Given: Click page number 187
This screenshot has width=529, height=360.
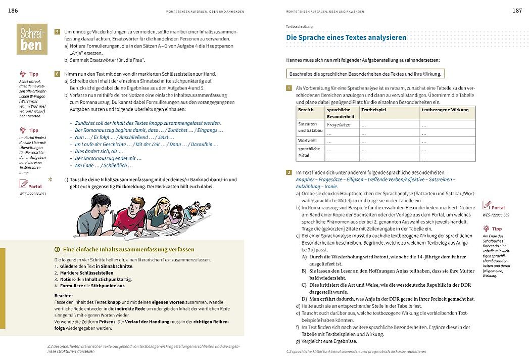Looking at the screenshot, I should pos(517,10).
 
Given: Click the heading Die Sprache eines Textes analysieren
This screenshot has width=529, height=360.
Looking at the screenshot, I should pos(346,38).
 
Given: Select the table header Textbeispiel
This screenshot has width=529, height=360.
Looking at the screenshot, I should pos(373,110).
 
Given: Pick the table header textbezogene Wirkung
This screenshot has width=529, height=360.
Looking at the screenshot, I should pos(445,110).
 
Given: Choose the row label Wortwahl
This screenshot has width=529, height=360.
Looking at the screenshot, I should pos(308,140).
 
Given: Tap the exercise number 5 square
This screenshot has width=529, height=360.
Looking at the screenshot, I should pos(58,31).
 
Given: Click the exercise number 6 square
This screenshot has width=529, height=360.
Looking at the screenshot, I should pos(58,74).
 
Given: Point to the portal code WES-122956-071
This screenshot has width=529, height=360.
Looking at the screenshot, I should pos(32,194).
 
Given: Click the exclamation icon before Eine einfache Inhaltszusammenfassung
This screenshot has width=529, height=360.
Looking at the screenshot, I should pos(57,249).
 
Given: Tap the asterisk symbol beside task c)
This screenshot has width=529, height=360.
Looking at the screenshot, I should pos(50,179).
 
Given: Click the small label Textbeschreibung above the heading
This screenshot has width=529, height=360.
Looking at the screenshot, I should pos(300,26).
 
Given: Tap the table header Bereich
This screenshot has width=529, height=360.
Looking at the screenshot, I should pos(306,110).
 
